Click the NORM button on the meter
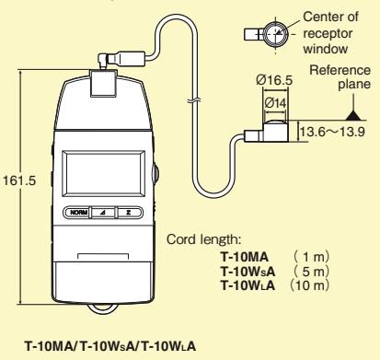point(75,212)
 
